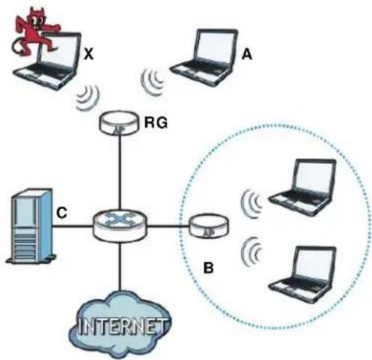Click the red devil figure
(35, 32)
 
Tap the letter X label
(89, 53)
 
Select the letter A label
(246, 53)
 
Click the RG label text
(156, 123)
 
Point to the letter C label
(62, 213)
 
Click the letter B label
(208, 268)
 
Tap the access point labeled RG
(119, 123)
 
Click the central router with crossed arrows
(119, 225)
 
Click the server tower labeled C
(32, 226)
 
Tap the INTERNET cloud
(120, 325)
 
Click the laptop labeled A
(204, 58)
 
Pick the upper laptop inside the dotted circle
(302, 187)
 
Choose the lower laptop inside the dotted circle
(302, 275)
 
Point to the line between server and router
(72, 226)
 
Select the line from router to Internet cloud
(120, 266)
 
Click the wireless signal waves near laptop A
(152, 82)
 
